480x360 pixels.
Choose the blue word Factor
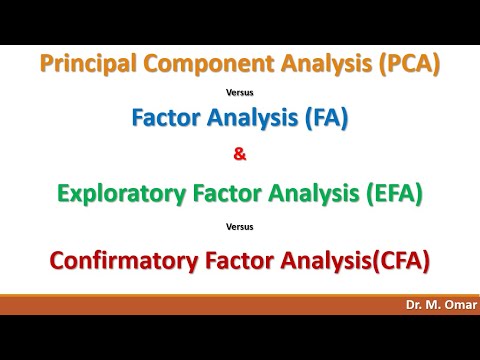(166, 118)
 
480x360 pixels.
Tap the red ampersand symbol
(240, 155)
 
